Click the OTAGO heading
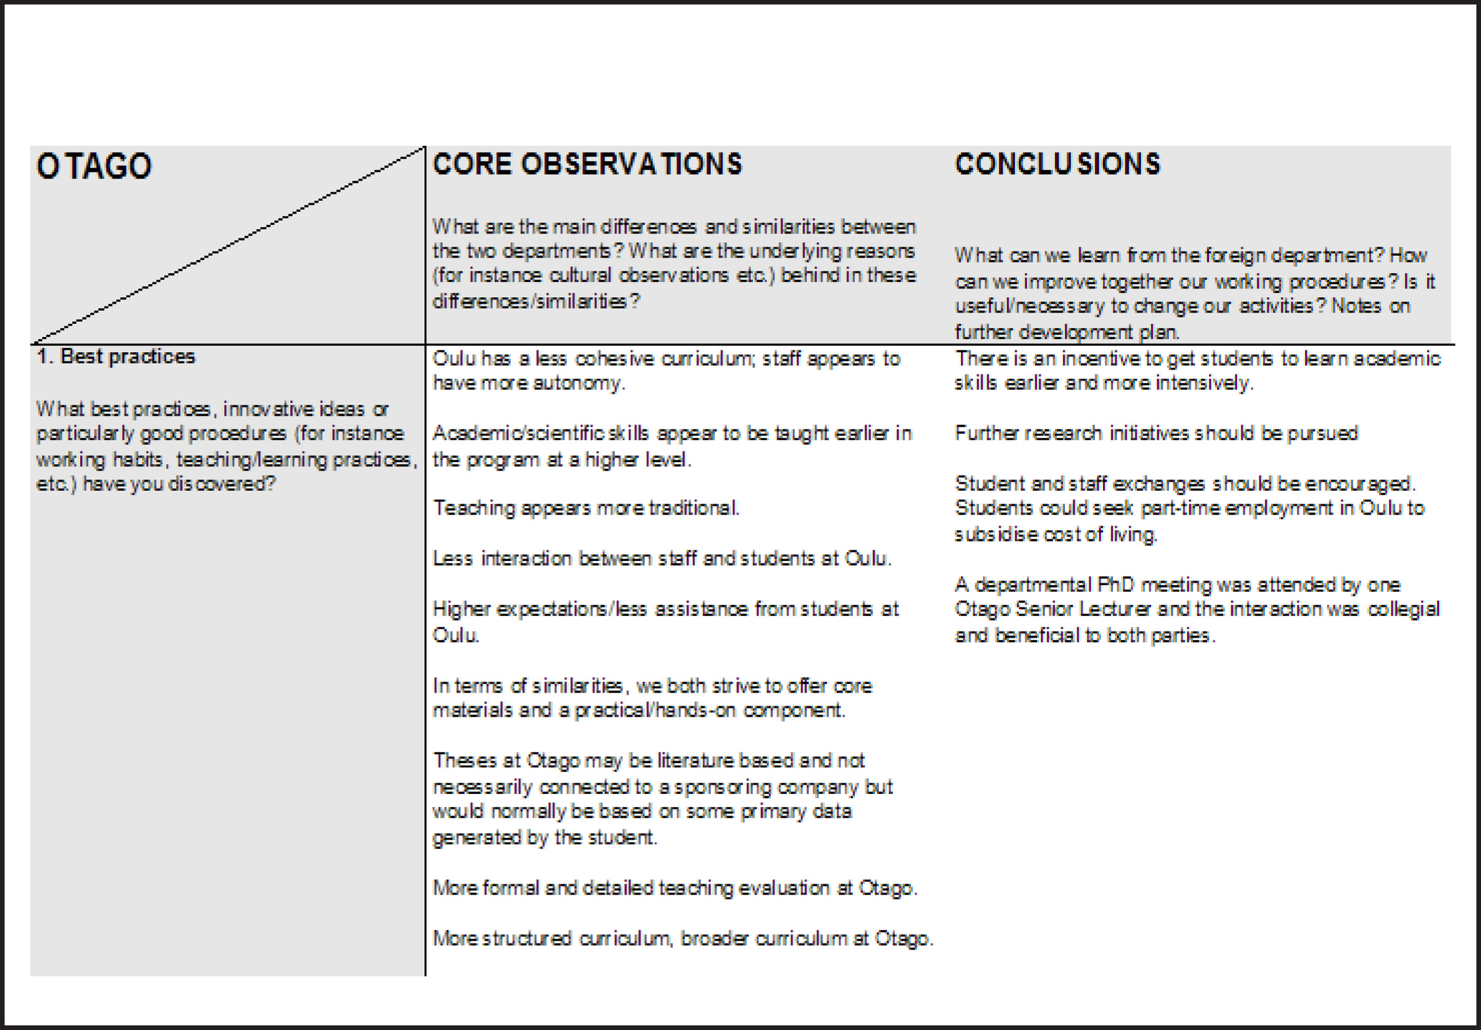(94, 166)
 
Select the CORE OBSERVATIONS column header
(587, 164)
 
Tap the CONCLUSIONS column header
(1057, 164)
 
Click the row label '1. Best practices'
(116, 357)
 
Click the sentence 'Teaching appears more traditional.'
(585, 509)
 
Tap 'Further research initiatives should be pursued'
(1156, 433)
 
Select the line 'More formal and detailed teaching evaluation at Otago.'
(674, 889)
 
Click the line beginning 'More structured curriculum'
(682, 939)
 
